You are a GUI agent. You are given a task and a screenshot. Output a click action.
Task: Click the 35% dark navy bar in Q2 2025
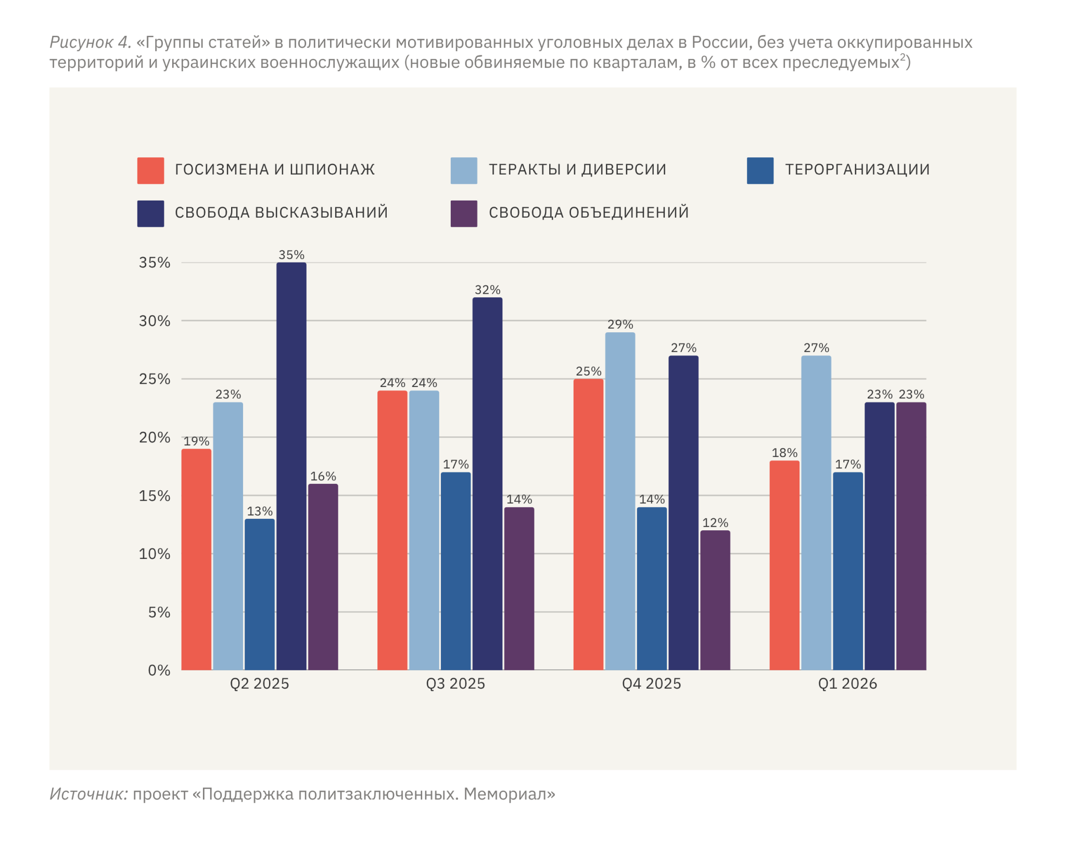point(291,466)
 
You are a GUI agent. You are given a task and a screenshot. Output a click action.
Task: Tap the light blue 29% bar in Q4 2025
point(620,501)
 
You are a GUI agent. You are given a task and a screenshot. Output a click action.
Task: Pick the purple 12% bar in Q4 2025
point(715,600)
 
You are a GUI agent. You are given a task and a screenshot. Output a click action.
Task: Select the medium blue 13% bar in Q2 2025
point(259,594)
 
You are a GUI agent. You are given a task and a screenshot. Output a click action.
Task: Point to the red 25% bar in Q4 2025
point(588,524)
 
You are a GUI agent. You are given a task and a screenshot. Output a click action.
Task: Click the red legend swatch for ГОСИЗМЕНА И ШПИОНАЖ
point(150,170)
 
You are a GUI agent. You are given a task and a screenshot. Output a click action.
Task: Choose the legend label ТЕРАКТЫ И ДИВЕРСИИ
point(577,170)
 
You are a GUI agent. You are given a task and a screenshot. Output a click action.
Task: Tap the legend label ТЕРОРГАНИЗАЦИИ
point(857,170)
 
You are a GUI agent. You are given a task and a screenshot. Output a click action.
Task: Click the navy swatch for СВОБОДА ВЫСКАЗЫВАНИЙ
point(150,214)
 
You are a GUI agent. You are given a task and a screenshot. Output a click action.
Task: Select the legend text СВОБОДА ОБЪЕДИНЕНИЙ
point(589,213)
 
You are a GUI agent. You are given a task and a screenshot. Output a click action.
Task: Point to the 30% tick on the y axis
point(155,321)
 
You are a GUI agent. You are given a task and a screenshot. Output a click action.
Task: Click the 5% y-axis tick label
point(159,612)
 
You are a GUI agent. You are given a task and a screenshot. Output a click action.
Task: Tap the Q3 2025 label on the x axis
point(455,683)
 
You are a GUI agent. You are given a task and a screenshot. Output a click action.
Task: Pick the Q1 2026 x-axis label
point(847,683)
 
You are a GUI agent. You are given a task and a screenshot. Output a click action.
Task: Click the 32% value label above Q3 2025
point(487,290)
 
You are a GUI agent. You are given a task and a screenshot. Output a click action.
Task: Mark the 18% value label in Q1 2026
point(784,453)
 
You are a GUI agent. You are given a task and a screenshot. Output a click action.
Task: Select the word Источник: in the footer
point(89,794)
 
